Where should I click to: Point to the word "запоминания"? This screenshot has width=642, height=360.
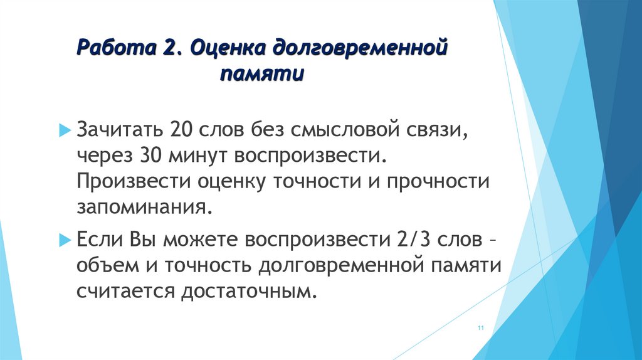(140, 206)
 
